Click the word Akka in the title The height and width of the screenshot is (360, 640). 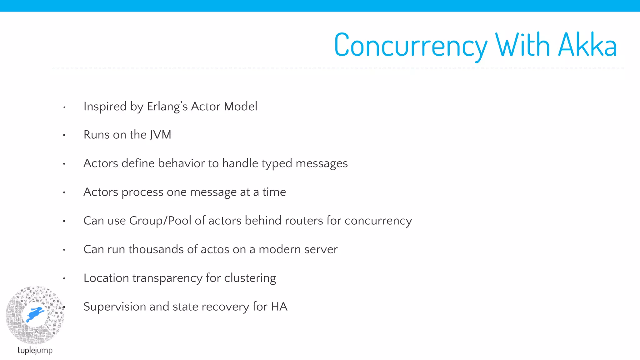pyautogui.click(x=587, y=45)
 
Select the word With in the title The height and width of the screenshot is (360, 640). pyautogui.click(x=522, y=45)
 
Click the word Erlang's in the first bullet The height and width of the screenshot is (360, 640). pyautogui.click(x=167, y=107)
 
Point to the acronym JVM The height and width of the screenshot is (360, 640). pyautogui.click(x=160, y=135)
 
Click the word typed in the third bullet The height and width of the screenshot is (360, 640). pyautogui.click(x=277, y=164)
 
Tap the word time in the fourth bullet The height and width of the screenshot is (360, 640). pyautogui.click(x=274, y=192)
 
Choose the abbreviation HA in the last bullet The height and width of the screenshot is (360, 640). pyautogui.click(x=279, y=307)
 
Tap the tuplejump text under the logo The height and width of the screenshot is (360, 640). pyautogui.click(x=35, y=350)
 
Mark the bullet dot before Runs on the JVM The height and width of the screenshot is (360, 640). pyautogui.click(x=64, y=135)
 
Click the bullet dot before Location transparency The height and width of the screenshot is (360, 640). pyautogui.click(x=64, y=278)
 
